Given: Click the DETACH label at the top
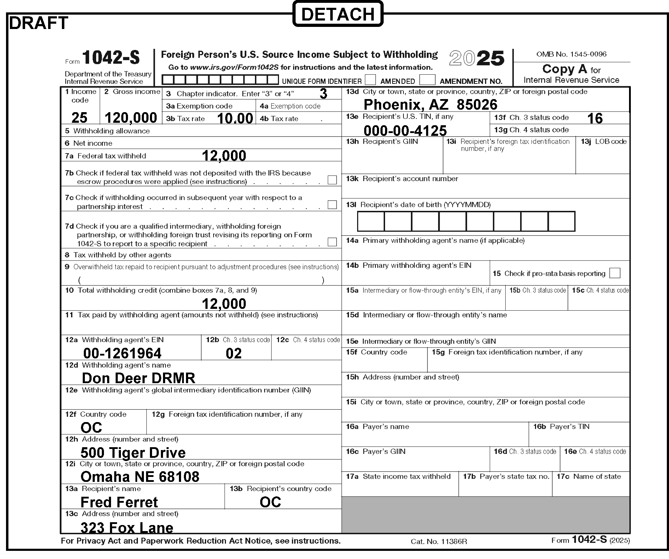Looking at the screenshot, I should pos(338,14).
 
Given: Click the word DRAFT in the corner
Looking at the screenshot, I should pos(38,23).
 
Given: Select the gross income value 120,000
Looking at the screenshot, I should pos(131,118).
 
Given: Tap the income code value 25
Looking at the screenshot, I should pos(80,118).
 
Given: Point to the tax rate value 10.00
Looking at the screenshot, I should pos(235,119).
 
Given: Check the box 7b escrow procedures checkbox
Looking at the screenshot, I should pos(332,180).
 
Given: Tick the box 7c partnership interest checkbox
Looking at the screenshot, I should pos(332,205).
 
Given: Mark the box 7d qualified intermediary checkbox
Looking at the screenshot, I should pos(332,242).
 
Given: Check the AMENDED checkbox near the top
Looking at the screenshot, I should pos(370,80).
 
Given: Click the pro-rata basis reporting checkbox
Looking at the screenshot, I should pos(615,273).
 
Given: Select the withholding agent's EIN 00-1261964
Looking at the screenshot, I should pos(122,353).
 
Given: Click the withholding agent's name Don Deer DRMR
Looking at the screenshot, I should pos(139,378).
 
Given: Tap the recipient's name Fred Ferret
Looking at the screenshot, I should pos(119,502).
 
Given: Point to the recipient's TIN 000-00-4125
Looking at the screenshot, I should pos(405,131).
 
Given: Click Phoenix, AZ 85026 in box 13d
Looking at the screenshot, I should pos(430,105).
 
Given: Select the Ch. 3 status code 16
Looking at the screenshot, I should pos(595,119).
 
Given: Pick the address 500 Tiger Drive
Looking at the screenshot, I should pos(133,453).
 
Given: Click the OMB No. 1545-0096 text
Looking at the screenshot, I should pos(571,54).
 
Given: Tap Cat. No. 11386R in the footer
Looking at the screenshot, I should pos(439,542).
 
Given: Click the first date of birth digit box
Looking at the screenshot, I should pos(371,221).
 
